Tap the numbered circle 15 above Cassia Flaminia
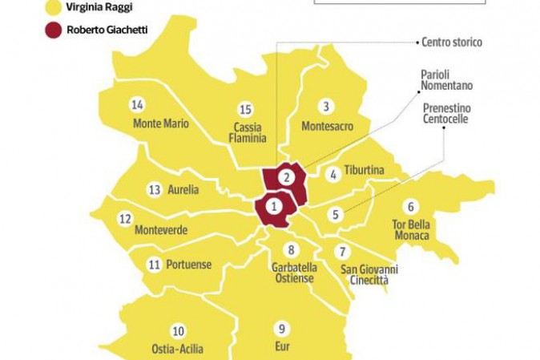246,109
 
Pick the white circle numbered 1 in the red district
274,206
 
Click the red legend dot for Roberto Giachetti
54,31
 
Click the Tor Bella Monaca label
412,230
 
